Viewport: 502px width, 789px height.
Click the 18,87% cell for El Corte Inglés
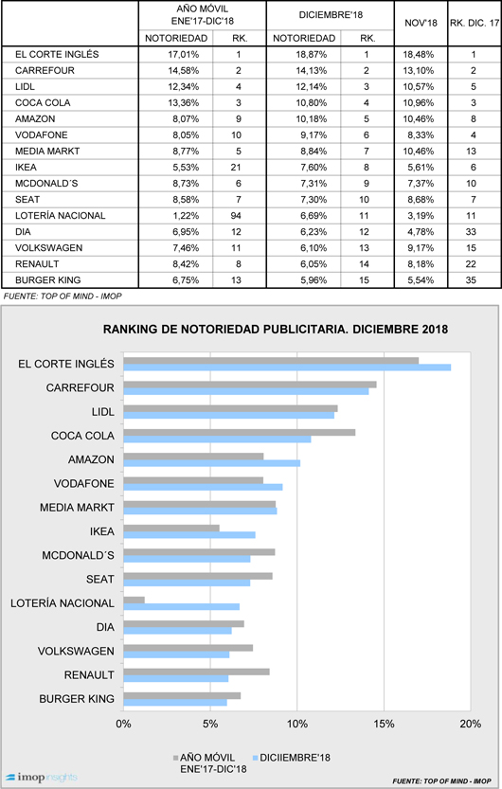click(x=311, y=54)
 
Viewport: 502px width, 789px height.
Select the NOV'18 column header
click(x=421, y=23)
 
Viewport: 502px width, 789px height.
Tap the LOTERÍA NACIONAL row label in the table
click(x=61, y=215)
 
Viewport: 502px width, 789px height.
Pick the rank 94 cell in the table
click(x=236, y=215)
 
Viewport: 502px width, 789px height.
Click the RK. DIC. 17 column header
click(x=475, y=23)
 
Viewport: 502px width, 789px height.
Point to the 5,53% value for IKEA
click(x=186, y=167)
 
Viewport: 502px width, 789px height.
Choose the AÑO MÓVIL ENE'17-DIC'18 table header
click(x=202, y=15)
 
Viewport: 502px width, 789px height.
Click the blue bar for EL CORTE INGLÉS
click(x=287, y=368)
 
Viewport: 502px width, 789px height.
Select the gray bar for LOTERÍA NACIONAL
click(x=134, y=600)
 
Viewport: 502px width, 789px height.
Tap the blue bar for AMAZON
click(x=212, y=463)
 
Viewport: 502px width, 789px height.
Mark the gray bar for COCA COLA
click(x=240, y=432)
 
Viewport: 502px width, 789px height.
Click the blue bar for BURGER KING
click(x=175, y=703)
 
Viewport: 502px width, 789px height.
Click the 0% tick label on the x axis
click(x=123, y=724)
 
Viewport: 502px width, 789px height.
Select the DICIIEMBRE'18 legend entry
click(x=291, y=758)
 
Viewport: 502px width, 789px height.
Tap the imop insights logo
click(x=42, y=778)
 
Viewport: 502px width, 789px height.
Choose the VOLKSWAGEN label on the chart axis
click(x=76, y=651)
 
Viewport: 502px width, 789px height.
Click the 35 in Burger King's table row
click(x=471, y=279)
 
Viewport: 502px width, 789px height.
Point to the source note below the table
click(x=63, y=296)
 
